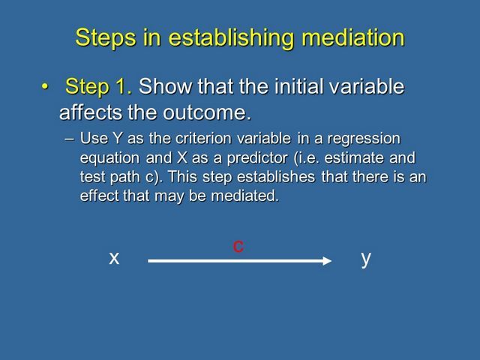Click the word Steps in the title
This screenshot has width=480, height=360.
[x=106, y=38]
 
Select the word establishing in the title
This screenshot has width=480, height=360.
[x=232, y=38]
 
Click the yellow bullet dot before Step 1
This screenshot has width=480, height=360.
[x=45, y=87]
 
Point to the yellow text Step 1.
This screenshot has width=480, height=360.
[x=98, y=87]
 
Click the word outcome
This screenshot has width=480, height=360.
[x=207, y=112]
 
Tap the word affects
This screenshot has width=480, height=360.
[x=91, y=112]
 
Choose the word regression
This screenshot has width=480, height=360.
[x=364, y=139]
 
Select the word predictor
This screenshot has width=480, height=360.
[x=257, y=158]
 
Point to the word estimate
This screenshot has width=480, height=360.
[x=353, y=158]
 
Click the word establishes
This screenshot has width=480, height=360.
[x=276, y=177]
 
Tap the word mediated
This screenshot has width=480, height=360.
[x=245, y=196]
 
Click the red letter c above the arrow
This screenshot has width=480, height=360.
[x=238, y=247]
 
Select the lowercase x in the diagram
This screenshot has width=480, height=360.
[x=114, y=258]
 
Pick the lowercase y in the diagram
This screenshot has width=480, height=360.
[x=366, y=259]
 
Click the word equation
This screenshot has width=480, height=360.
[x=110, y=159]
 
